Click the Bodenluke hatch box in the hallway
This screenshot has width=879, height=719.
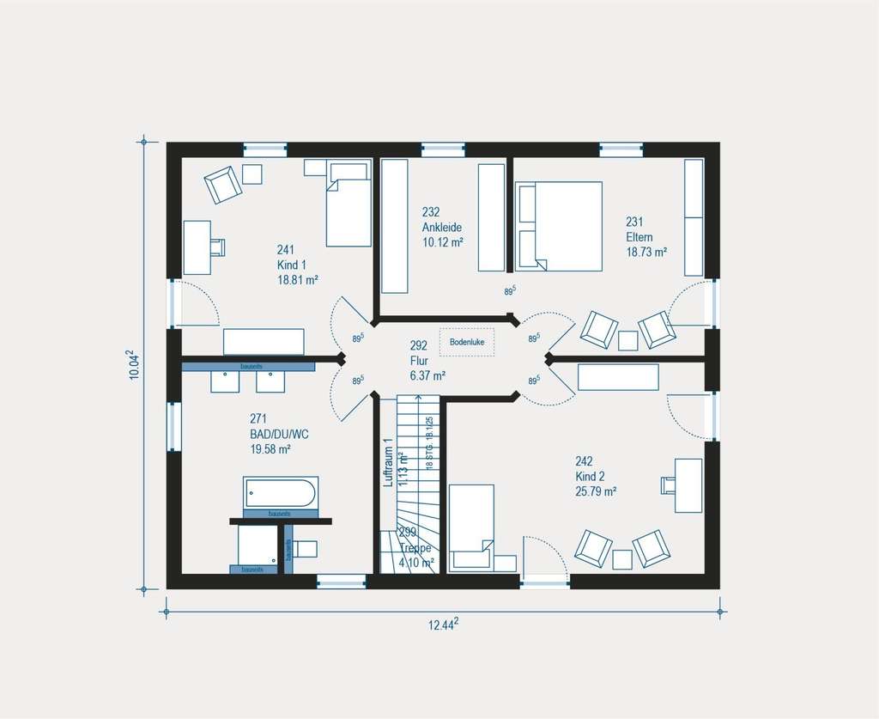coord(467,341)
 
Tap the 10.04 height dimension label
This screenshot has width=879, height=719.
coord(134,364)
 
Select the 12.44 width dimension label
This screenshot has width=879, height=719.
coord(443,625)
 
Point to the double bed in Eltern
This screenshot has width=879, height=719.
coord(558,226)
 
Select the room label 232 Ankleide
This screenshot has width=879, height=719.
coord(442,227)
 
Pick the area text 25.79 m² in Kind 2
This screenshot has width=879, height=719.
coord(597,492)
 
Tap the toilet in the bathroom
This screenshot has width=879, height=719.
coord(303,548)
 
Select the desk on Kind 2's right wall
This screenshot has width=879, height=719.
coord(688,485)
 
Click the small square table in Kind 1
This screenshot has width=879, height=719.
coord(252,174)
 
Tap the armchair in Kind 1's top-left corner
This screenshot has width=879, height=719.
coord(222,184)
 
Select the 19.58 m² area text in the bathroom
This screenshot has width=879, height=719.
coord(270,448)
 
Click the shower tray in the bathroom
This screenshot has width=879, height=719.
coord(258,544)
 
